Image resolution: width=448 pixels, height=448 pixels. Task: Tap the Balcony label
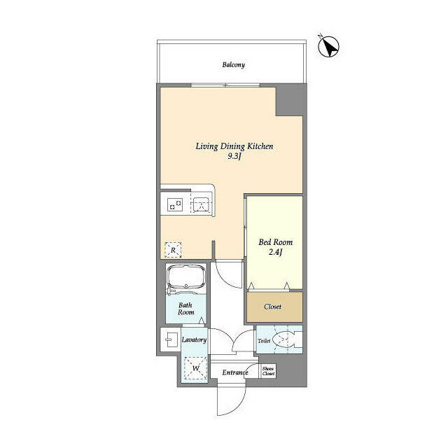click(233, 65)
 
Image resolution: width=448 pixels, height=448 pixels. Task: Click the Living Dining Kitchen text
click(233, 146)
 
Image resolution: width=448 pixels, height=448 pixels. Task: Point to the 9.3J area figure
click(234, 156)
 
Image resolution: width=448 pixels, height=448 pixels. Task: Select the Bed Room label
click(275, 242)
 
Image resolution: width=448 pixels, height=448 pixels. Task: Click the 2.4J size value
click(275, 252)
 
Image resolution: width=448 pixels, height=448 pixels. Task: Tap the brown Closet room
click(274, 307)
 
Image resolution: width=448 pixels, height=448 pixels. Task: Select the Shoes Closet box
click(268, 372)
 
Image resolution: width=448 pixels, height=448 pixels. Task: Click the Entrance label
click(235, 372)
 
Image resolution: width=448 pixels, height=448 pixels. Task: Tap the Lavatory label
click(194, 339)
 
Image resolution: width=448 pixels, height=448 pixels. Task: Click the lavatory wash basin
click(170, 340)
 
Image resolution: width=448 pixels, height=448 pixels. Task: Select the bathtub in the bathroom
click(186, 280)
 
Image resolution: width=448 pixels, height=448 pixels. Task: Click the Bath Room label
click(185, 309)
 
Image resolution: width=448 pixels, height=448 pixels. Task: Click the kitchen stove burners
click(174, 205)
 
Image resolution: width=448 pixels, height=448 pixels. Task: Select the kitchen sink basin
click(201, 205)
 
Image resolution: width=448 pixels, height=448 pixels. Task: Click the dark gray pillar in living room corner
click(289, 101)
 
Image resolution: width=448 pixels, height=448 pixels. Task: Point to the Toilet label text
click(264, 341)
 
